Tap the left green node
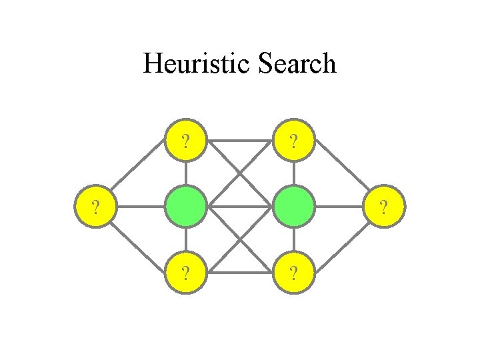185,207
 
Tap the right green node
294,207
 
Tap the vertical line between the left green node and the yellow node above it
185,174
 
